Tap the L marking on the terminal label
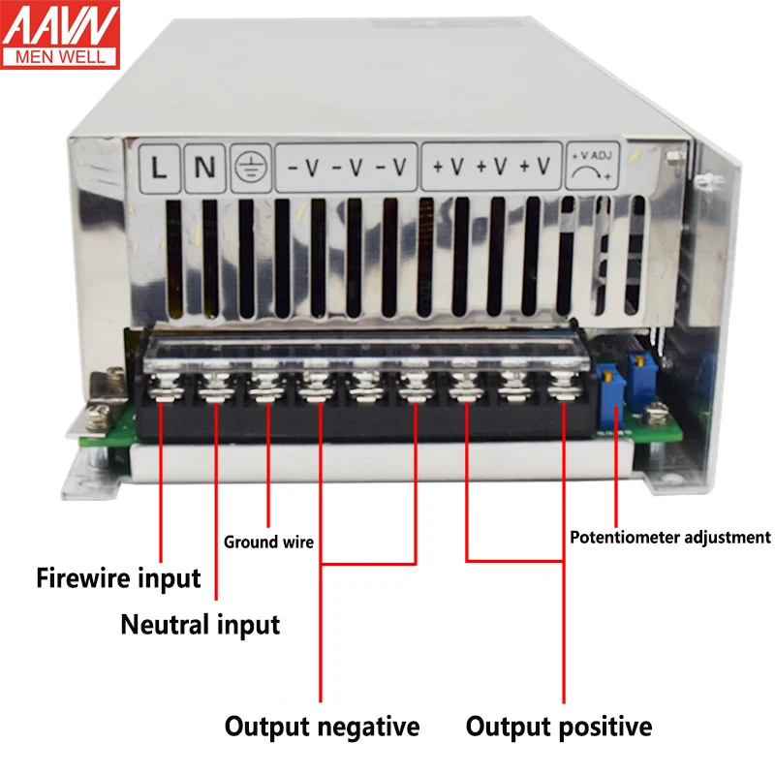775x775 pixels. coord(161,167)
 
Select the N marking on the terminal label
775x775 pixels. coord(205,167)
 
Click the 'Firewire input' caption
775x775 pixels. coord(118,579)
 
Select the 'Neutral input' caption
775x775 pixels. coord(200,625)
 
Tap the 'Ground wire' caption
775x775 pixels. coord(268,542)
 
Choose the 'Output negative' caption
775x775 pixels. coord(322,727)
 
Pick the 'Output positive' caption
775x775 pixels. coord(559,727)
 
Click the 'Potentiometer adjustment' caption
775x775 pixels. coord(669,537)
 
